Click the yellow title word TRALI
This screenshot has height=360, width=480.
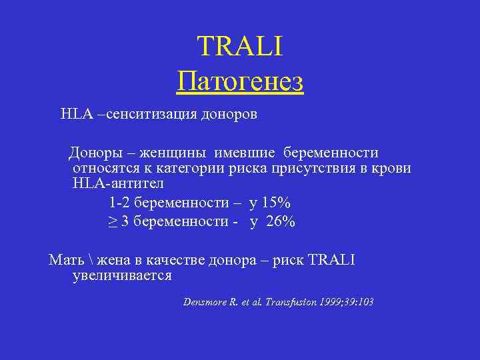[240, 47]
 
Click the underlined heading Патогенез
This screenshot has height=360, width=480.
[240, 83]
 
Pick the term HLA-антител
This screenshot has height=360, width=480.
[117, 183]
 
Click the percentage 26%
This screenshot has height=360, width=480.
[280, 222]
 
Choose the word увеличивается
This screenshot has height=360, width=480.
[122, 275]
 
